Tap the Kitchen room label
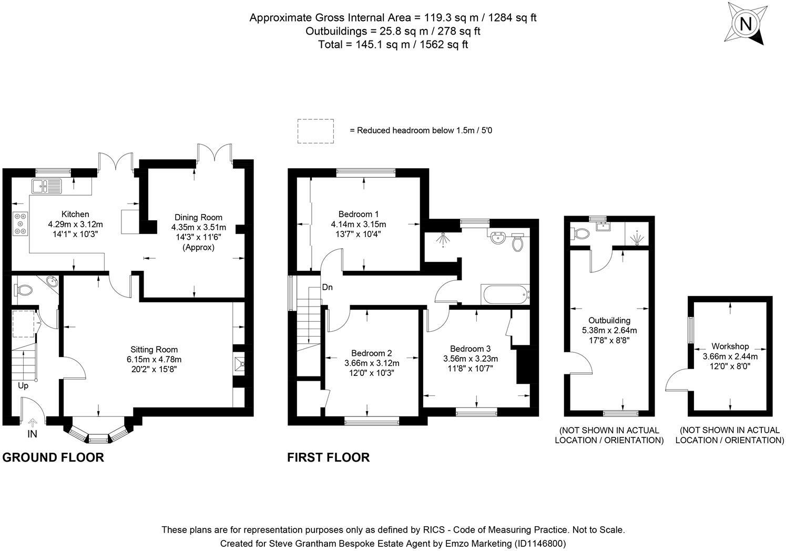(x=75, y=214)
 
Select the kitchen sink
(x=46, y=185)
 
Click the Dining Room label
(x=198, y=217)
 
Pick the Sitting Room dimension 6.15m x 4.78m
(x=154, y=359)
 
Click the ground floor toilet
(x=24, y=289)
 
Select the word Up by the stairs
(x=23, y=385)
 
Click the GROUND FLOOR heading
(x=53, y=457)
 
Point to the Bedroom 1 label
(x=358, y=214)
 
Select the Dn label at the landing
(x=327, y=288)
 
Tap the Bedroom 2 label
(x=372, y=353)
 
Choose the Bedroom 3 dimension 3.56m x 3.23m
(x=470, y=359)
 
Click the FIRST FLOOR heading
(x=328, y=457)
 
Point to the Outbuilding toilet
(x=580, y=233)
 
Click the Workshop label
(x=730, y=346)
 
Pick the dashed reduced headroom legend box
(x=315, y=131)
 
